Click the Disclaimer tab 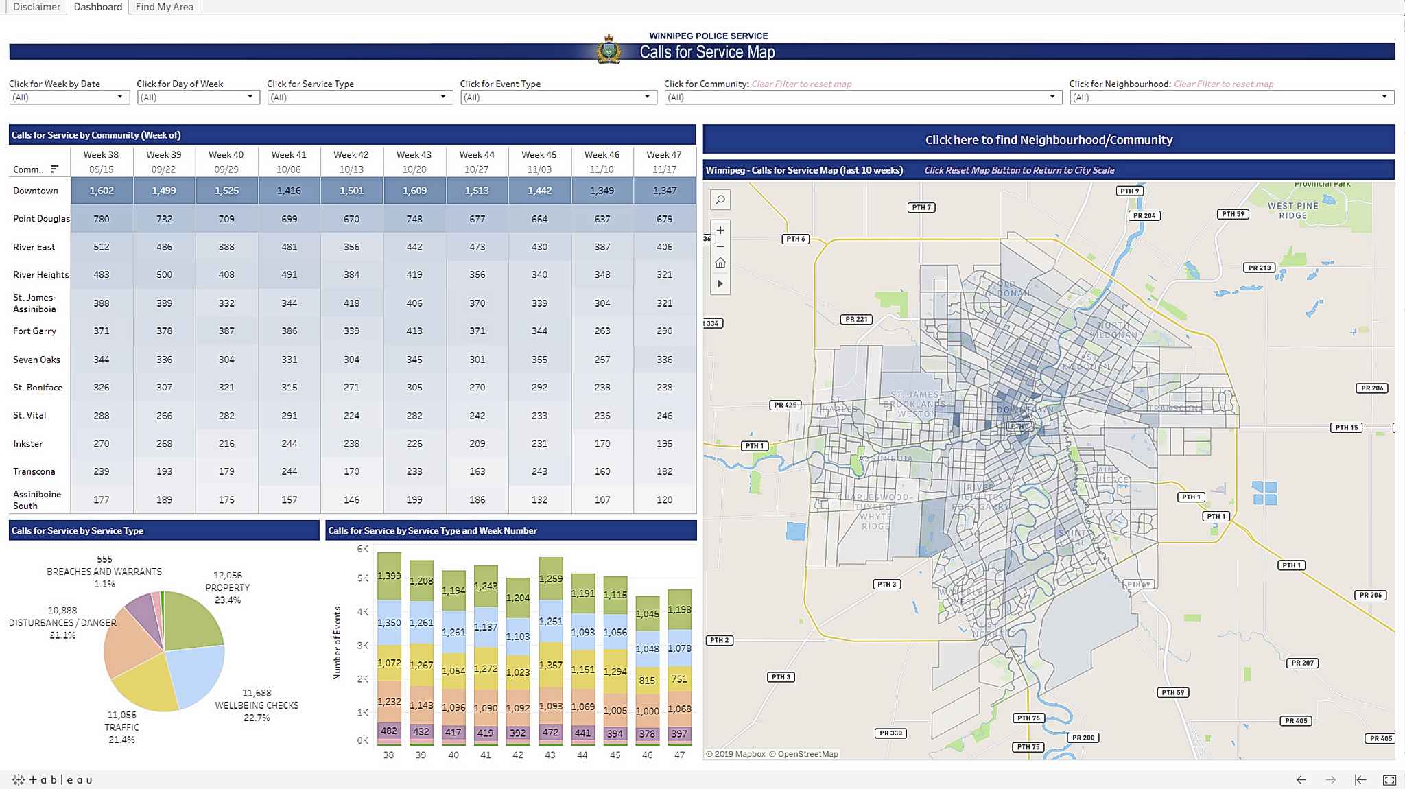[36, 7]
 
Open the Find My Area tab [164, 7]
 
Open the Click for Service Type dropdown [359, 97]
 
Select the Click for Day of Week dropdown [197, 97]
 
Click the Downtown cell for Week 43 [414, 191]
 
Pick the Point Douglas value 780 [102, 219]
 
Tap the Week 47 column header [664, 162]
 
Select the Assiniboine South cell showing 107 [602, 499]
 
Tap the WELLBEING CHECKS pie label [257, 705]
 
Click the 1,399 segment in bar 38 [389, 576]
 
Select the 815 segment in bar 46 [647, 681]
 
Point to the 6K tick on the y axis [362, 549]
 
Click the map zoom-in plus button [720, 231]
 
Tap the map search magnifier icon [720, 200]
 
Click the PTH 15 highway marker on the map [1346, 427]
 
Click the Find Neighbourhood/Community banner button [1048, 139]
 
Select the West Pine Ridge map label [1292, 210]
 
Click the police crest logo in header [609, 50]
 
